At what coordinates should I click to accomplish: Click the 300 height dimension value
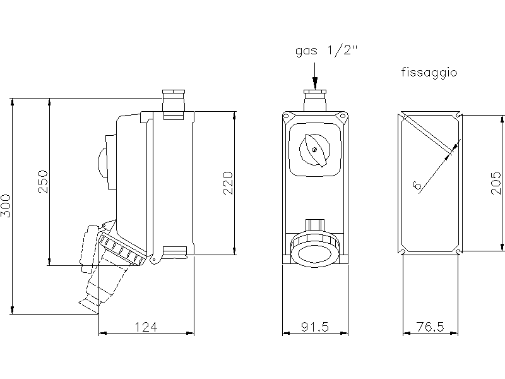coord(6,206)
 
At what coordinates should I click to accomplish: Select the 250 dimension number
coord(43,182)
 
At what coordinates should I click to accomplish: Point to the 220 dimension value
coord(228,183)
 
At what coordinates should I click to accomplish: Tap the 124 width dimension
coord(146,327)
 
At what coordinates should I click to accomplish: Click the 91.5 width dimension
coord(315,327)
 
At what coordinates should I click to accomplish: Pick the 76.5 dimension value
coord(431,327)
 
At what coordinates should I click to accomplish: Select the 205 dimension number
coord(496,183)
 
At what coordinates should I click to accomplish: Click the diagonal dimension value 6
coord(417,185)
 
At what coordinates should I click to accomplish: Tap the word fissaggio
coord(429,73)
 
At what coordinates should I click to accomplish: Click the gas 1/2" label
coord(326,51)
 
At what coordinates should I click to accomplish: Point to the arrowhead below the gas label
coord(315,83)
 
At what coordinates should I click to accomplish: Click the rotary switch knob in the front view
coord(314,150)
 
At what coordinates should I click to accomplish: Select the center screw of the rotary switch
coord(314,149)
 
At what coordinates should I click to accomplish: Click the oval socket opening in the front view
coord(314,255)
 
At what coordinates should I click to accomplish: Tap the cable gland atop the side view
coord(174,104)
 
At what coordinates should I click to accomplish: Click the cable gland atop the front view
coord(315,100)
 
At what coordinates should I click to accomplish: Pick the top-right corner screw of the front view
coord(342,116)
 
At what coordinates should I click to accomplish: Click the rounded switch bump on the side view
coord(102,163)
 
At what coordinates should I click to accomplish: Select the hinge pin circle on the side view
coord(154,260)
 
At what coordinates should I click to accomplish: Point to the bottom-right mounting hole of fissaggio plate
coord(458,251)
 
